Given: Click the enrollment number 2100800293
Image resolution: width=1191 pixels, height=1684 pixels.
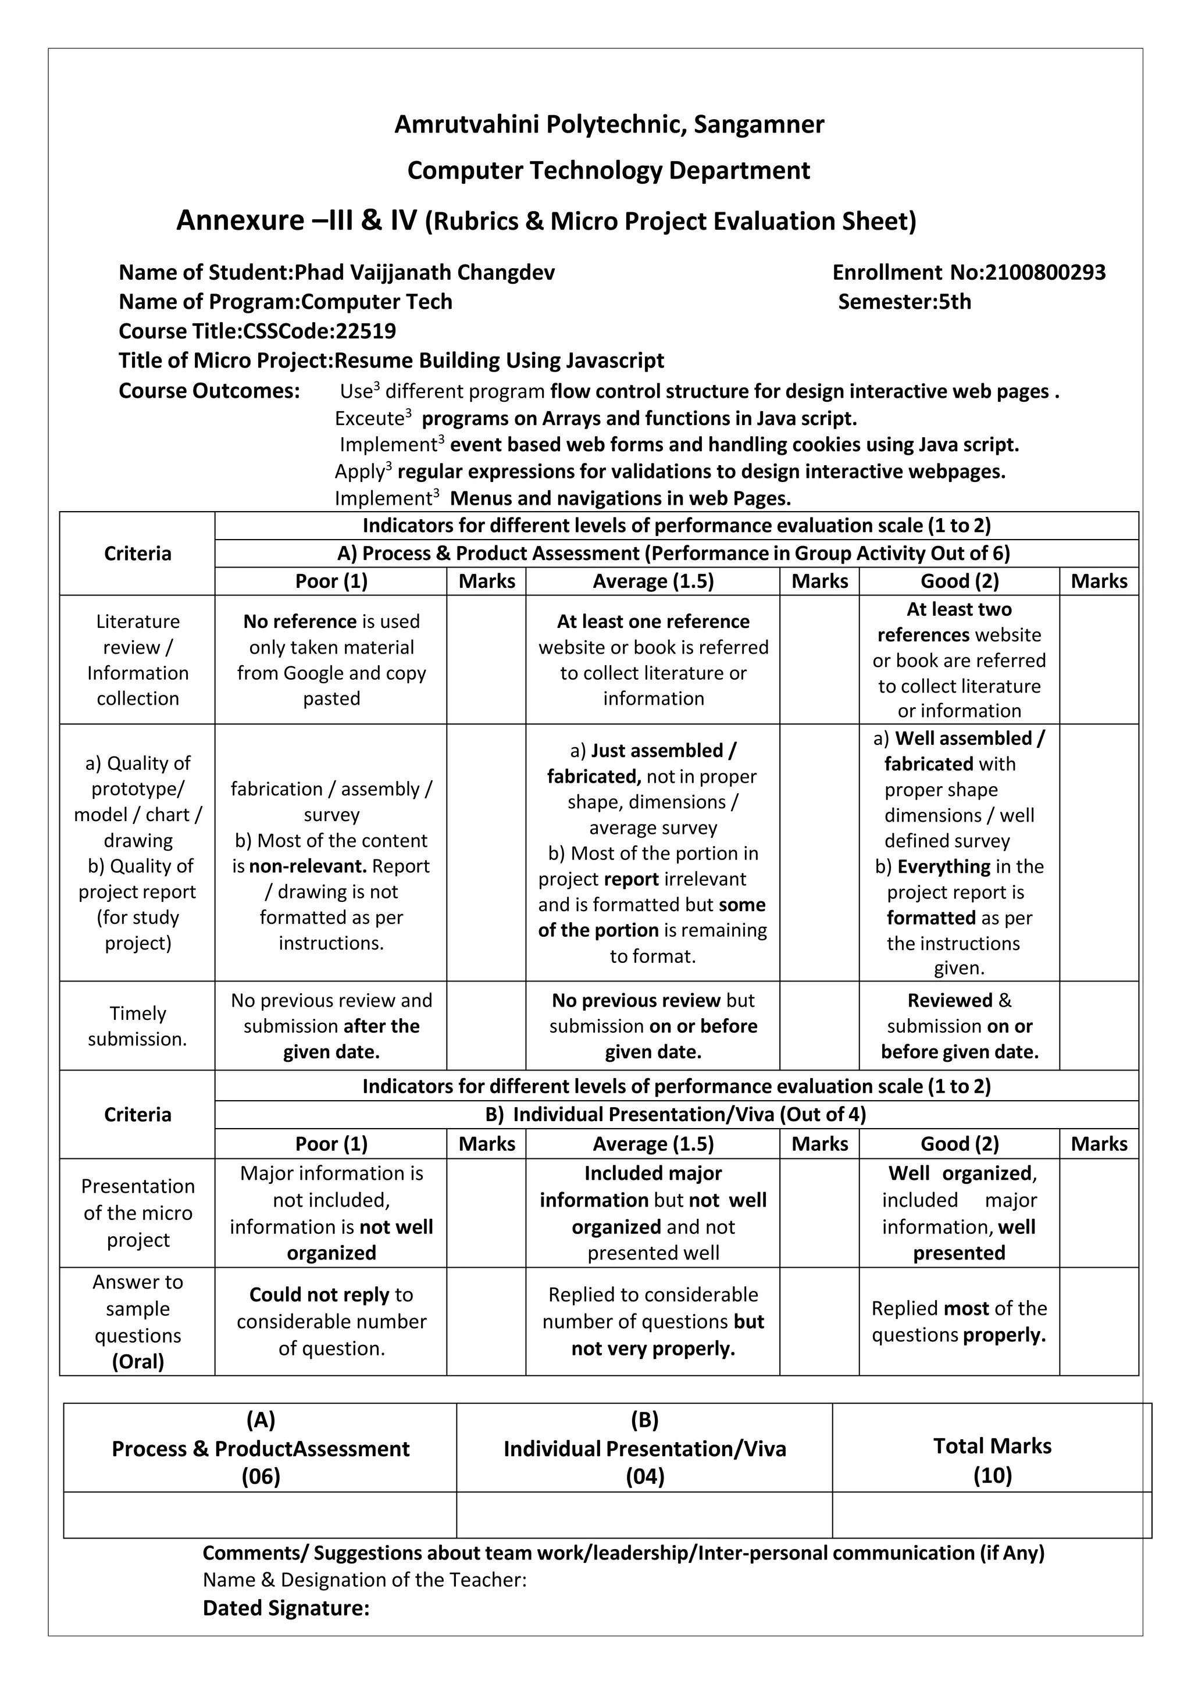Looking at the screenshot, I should click(1045, 273).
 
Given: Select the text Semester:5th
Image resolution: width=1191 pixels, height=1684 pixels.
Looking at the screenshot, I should click(904, 302).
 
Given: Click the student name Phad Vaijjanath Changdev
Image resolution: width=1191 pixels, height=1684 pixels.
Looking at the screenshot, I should click(425, 273).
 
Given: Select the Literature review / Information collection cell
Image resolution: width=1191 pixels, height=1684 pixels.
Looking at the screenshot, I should click(137, 659).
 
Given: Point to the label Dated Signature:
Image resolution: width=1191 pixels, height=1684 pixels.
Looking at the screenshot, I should click(286, 1608).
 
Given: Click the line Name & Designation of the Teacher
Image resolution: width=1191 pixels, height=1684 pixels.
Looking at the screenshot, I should click(365, 1579).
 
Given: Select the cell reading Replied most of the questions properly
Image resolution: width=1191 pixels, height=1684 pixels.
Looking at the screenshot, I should click(958, 1322).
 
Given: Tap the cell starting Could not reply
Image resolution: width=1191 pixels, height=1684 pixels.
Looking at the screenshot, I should click(331, 1322).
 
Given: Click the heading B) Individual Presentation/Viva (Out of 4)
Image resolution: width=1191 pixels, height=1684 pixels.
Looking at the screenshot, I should click(675, 1115).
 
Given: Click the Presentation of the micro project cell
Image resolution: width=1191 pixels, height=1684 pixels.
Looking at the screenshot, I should click(137, 1213).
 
